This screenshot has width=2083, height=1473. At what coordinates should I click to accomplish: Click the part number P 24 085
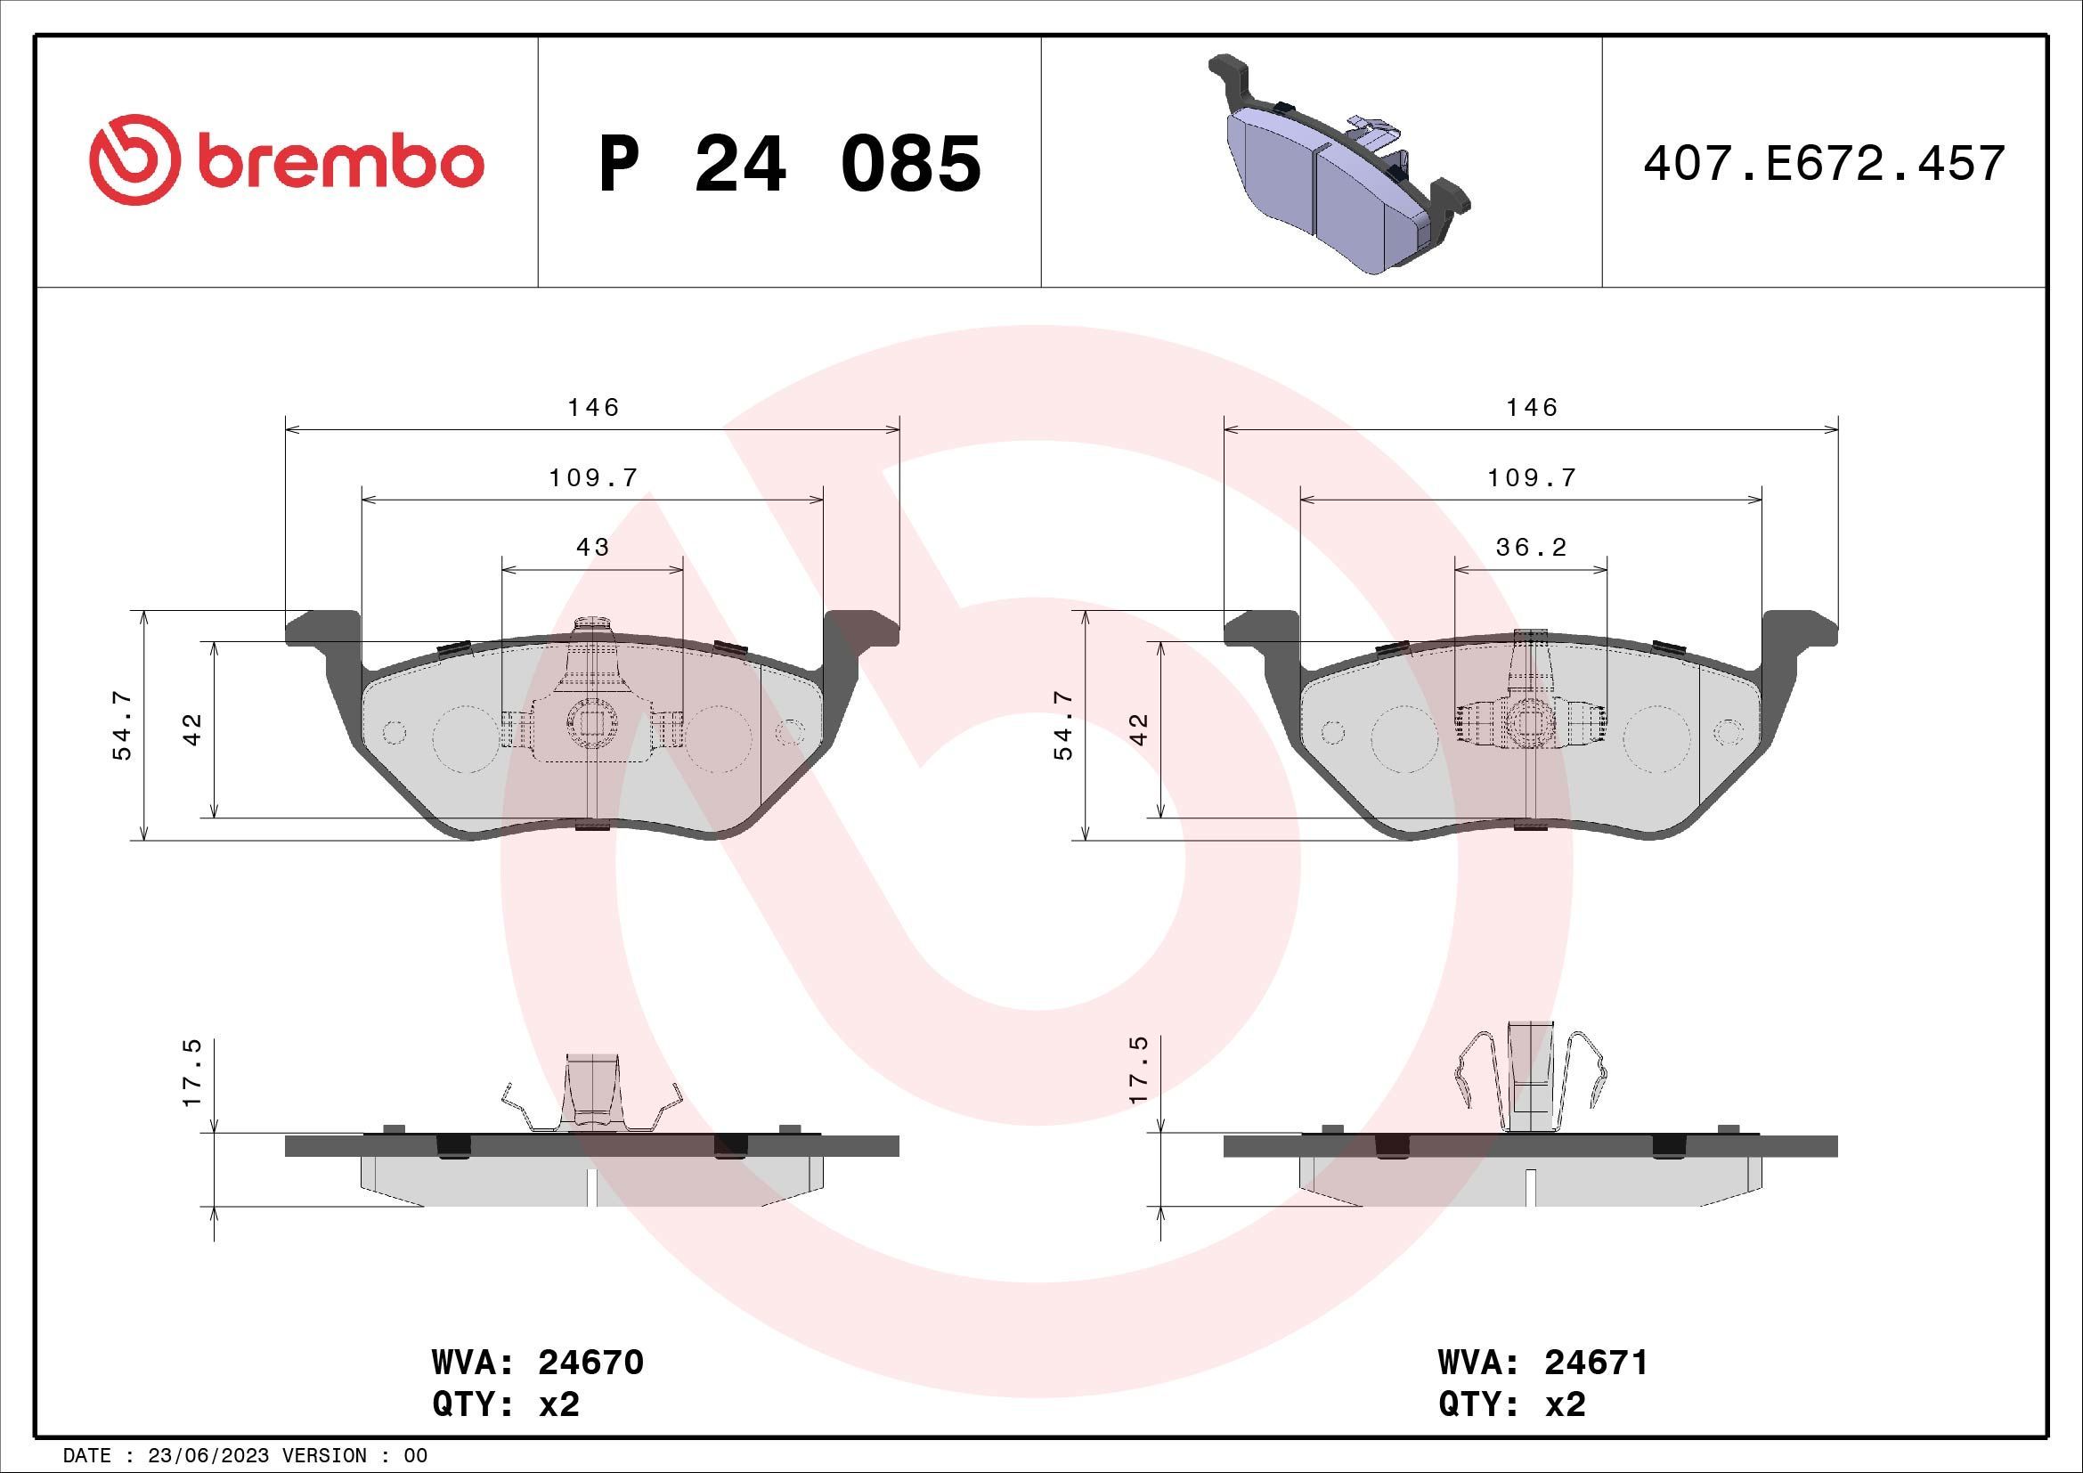click(x=790, y=164)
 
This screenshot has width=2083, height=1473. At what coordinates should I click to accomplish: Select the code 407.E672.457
click(x=1824, y=164)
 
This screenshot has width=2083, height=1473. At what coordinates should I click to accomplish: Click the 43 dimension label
click(x=592, y=547)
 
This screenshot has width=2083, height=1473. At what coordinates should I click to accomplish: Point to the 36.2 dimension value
click(x=1532, y=547)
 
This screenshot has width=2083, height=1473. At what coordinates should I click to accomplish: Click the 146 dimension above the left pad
click(x=593, y=407)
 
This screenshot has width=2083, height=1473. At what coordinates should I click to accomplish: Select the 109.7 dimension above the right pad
click(x=1533, y=477)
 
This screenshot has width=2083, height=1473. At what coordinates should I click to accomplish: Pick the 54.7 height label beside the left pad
click(x=123, y=725)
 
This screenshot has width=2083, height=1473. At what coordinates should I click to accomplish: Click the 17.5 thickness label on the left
click(x=192, y=1072)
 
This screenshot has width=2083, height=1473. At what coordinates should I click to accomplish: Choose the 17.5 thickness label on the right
click(x=1140, y=1070)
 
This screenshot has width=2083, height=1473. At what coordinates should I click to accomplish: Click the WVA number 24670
click(x=590, y=1363)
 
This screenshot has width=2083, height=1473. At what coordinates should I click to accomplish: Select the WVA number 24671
click(x=1596, y=1363)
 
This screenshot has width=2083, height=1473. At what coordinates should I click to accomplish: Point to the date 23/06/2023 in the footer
click(x=207, y=1456)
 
